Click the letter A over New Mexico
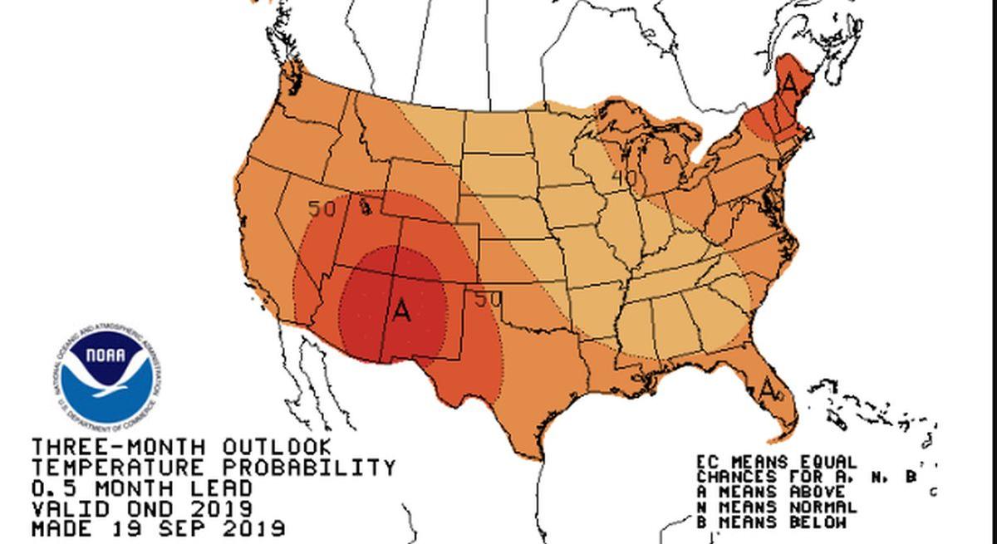pos(401,311)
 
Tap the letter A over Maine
pos(790,85)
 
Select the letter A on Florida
pos(769,388)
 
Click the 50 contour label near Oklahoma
pos(488,299)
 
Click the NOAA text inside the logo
pos(106,357)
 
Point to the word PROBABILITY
pos(316,468)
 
